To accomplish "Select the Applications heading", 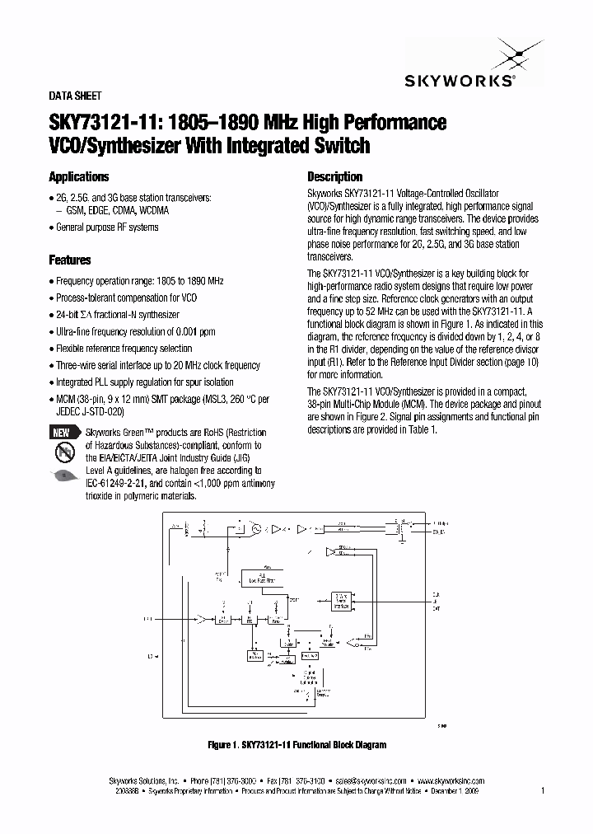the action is tap(79, 176).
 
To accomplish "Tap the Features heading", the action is tap(70, 260).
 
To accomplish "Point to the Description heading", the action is tap(334, 176).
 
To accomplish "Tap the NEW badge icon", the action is tap(62, 433).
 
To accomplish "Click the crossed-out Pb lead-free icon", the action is tap(62, 452).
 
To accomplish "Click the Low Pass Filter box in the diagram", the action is tap(260, 580).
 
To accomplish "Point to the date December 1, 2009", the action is tap(454, 789).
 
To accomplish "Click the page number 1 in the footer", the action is tap(543, 789).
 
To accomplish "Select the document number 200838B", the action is tap(128, 789).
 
